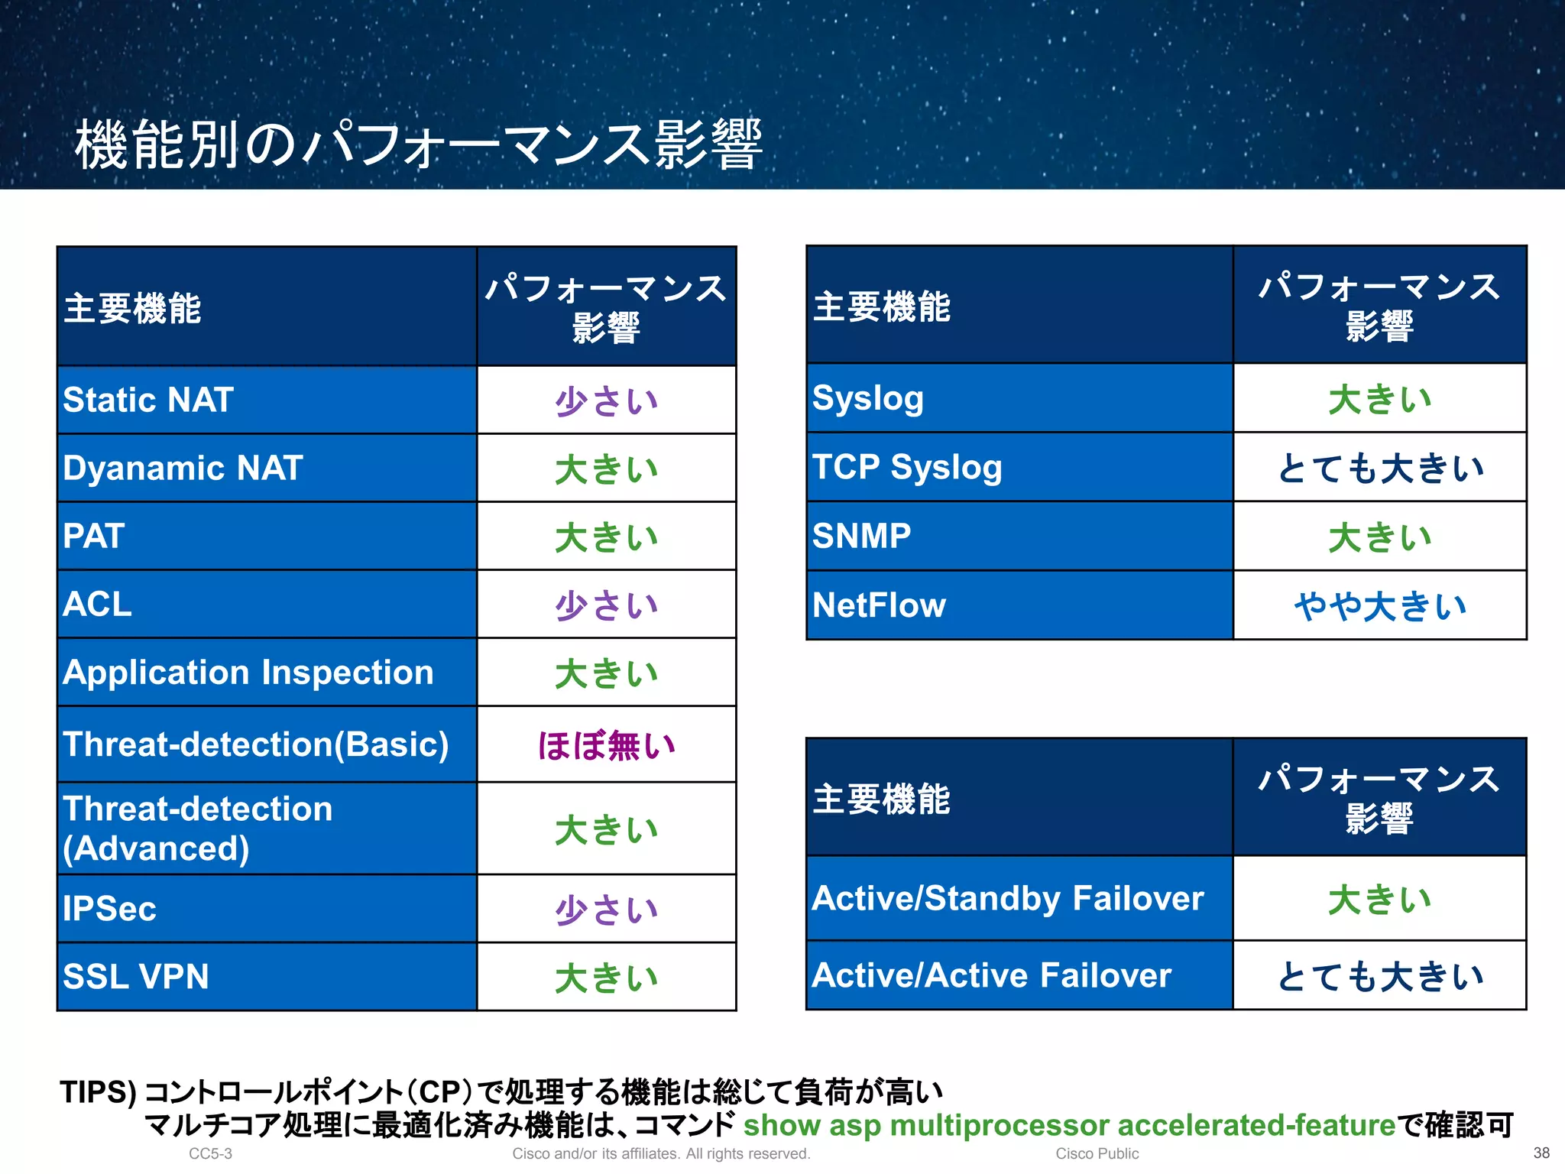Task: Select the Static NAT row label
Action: point(148,400)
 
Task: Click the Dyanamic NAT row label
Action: point(183,468)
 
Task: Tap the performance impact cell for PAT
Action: point(606,537)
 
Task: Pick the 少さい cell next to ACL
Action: point(606,605)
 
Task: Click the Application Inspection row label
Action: point(248,673)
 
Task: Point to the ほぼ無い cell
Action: point(606,745)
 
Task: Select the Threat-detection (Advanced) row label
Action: point(197,829)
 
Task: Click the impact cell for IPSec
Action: point(606,910)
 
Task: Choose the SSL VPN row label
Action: point(136,977)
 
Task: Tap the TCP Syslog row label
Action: point(907,467)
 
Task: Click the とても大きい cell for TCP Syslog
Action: point(1380,468)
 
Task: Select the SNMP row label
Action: point(861,536)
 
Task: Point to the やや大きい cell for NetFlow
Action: point(1380,605)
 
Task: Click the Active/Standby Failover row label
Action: point(1008,898)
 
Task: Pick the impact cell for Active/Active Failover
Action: point(1380,976)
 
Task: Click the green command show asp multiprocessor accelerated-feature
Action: point(1069,1125)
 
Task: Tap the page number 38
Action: point(1541,1153)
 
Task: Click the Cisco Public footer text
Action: point(1097,1153)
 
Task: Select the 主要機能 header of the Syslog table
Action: point(881,306)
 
